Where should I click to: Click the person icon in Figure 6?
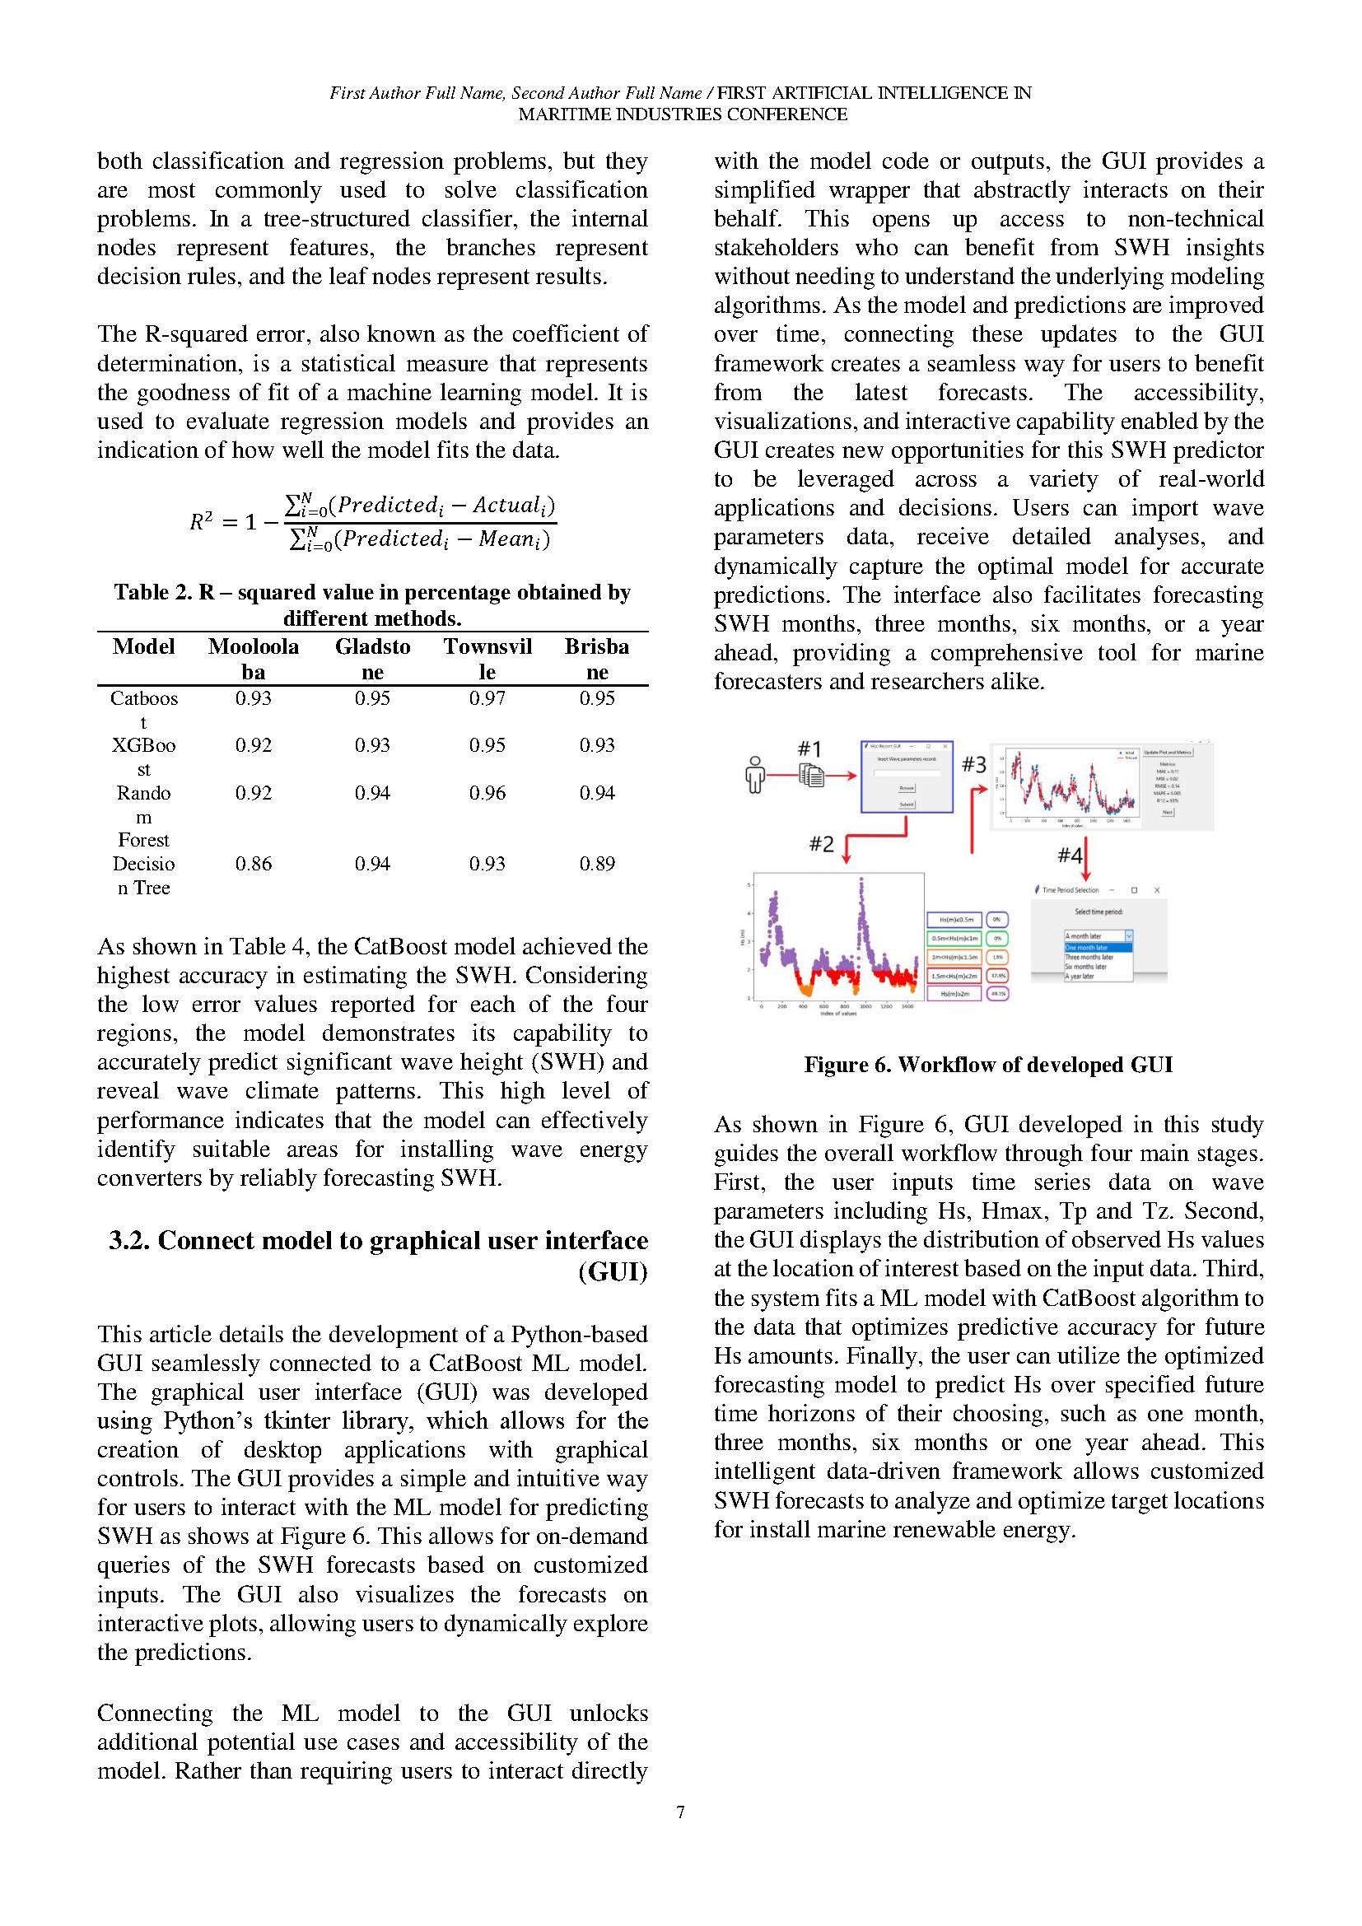coord(756,774)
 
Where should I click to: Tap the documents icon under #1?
coord(811,776)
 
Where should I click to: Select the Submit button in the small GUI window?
coord(907,804)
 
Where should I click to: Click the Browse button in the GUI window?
coord(907,788)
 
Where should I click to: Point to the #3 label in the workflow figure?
coord(973,764)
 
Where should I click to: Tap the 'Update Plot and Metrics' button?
coord(1168,752)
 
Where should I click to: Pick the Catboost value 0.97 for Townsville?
coord(487,698)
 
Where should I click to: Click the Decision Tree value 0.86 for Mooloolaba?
coord(254,863)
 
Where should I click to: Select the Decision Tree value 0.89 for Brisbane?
coord(596,863)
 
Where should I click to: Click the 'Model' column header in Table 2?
coord(143,646)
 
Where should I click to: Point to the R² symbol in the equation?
coord(201,522)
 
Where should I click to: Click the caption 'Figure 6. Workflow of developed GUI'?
coord(988,1065)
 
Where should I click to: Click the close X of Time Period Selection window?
coord(1156,890)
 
